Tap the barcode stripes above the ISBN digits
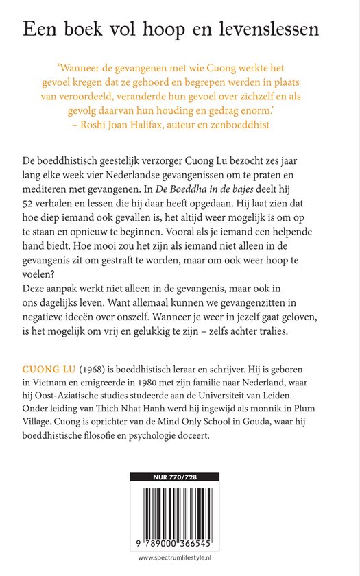180,509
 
